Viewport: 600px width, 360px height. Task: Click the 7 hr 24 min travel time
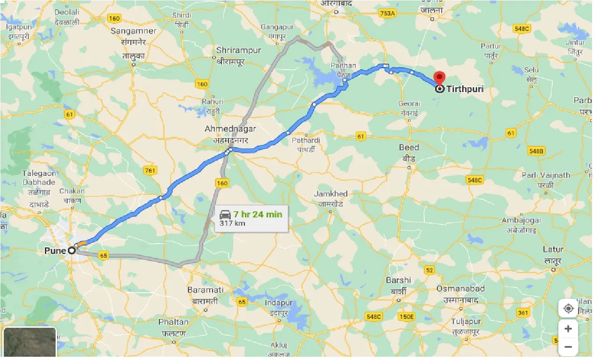(257, 214)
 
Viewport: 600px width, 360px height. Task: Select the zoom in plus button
(568, 329)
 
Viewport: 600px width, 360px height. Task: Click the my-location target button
(568, 309)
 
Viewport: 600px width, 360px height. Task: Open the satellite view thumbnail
(30, 343)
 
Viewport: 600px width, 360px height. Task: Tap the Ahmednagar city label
(225, 128)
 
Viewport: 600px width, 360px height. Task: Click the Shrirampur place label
(239, 50)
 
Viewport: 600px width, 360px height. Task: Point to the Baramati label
(205, 290)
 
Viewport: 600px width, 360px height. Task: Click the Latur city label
(553, 249)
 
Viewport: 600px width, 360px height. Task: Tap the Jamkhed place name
(331, 194)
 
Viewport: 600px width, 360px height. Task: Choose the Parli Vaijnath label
(546, 175)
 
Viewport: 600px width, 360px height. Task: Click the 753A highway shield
(387, 14)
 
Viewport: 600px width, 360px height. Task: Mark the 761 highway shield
(150, 170)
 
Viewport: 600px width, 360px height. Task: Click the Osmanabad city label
(460, 288)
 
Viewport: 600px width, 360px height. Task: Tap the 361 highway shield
(524, 312)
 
